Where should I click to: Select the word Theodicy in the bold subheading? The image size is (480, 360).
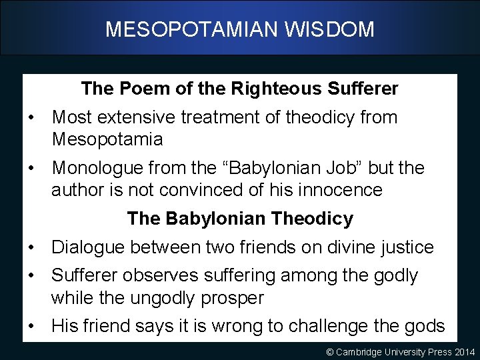click(313, 219)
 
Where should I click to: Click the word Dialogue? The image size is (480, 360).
click(88, 247)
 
